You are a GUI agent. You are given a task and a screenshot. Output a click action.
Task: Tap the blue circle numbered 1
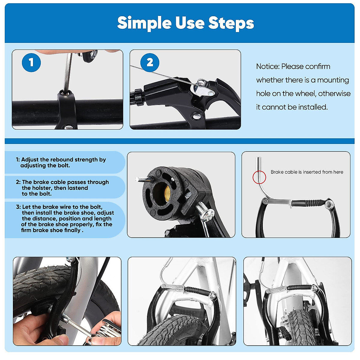(31, 62)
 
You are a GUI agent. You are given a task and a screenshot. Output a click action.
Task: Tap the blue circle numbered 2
(150, 62)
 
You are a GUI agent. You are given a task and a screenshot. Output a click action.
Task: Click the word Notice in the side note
(267, 67)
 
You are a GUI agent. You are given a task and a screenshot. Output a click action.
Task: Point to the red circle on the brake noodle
(259, 177)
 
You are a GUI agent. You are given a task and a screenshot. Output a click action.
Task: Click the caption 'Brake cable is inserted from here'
(307, 172)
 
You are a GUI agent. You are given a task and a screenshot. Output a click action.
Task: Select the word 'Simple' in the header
(144, 23)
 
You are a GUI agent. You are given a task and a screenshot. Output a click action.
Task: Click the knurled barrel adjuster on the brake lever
(138, 97)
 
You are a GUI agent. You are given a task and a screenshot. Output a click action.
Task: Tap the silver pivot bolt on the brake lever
(197, 116)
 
